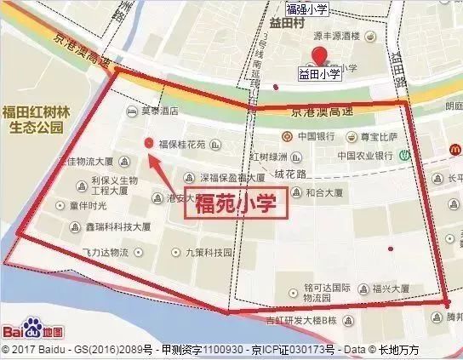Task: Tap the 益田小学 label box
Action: click(x=319, y=75)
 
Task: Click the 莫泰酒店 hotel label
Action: click(x=159, y=111)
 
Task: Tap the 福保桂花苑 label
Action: click(x=182, y=144)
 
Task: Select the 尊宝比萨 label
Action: click(x=377, y=136)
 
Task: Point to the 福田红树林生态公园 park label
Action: click(x=33, y=118)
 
